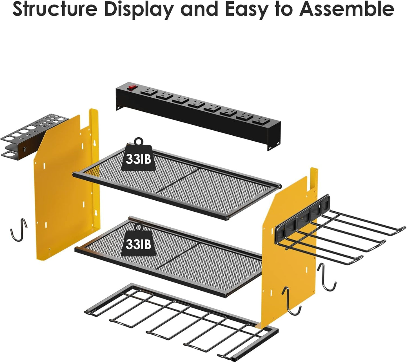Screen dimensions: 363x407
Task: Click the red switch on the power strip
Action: point(131,87)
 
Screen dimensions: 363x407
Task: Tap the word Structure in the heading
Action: point(55,10)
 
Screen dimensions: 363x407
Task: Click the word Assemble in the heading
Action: point(346,10)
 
